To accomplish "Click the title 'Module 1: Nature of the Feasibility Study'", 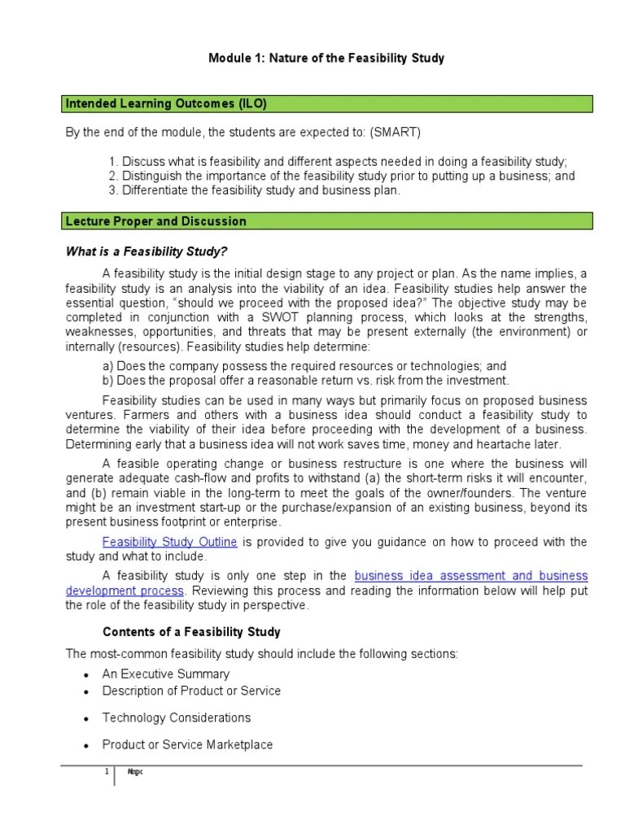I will (x=326, y=59).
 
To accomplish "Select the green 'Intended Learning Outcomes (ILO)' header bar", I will (x=329, y=103).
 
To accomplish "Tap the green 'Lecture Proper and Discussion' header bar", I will (x=329, y=221).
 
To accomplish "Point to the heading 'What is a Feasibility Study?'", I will (x=152, y=251).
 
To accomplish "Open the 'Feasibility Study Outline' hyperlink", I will (x=169, y=542).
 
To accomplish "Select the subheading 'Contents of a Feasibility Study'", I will (x=191, y=632).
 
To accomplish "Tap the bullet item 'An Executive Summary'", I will (x=166, y=674).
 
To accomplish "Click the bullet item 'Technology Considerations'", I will (x=176, y=717).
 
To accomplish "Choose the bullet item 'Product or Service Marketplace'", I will (x=187, y=744).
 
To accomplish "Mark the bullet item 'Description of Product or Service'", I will (x=191, y=691).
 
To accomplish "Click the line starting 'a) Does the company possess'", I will (x=304, y=366).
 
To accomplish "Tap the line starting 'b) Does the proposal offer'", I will (x=306, y=380).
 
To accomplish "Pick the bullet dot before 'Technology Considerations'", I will (x=85, y=719).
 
